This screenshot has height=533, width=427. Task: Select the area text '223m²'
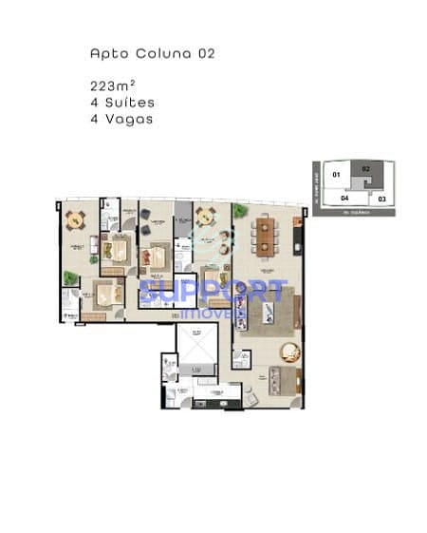[110, 86]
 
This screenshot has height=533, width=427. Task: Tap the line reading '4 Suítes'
[121, 102]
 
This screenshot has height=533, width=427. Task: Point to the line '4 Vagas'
[121, 119]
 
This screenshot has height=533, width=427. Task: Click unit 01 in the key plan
[335, 176]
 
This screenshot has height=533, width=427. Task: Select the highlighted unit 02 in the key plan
[366, 172]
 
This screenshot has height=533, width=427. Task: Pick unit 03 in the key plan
[381, 199]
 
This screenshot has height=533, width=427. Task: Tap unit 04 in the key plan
[345, 199]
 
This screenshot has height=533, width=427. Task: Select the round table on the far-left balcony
[76, 220]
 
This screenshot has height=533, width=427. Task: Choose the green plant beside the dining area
[236, 212]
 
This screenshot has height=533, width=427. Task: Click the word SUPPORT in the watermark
[211, 292]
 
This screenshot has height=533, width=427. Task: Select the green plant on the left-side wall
[68, 278]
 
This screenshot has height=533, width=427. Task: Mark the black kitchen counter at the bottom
[216, 404]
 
